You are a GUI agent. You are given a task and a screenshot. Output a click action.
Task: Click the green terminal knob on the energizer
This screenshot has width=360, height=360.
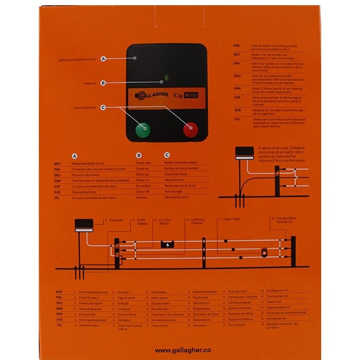[x=143, y=129]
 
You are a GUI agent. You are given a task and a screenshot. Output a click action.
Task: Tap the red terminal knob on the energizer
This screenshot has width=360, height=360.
[x=190, y=129]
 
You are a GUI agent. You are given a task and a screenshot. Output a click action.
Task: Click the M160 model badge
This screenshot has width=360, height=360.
[x=191, y=95]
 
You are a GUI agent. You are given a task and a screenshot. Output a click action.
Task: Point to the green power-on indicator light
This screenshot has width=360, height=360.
[x=166, y=79]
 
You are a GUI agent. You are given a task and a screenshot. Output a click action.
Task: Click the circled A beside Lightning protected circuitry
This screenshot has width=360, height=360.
[x=104, y=59]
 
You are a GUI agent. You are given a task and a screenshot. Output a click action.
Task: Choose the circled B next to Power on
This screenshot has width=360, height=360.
[x=104, y=82]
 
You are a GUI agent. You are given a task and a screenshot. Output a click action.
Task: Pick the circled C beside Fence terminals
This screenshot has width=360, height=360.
[x=104, y=107]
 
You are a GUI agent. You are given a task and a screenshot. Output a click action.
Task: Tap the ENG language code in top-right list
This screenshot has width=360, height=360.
[x=237, y=46]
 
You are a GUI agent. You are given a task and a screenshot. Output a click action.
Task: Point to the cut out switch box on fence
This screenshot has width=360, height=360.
[x=168, y=244]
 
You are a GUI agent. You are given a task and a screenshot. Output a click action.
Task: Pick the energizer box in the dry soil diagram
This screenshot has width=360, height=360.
[x=244, y=152]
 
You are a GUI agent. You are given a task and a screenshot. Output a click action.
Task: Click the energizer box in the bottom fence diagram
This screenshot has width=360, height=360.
[x=84, y=225]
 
